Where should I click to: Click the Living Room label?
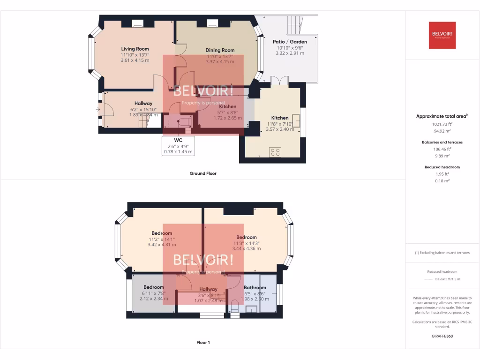coord(135,49)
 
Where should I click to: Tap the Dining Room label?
coord(220,50)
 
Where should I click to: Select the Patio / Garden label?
coord(290,42)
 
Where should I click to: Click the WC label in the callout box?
coord(178,140)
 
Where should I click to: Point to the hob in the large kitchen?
coord(275,151)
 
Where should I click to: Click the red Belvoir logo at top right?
coord(442,35)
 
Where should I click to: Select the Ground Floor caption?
coord(203,173)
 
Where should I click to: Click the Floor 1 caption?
coord(203,343)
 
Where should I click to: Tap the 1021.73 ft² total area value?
coord(441,124)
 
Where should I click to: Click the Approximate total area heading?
coord(441,116)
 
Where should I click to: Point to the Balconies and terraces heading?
coord(441,142)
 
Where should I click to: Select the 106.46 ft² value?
coord(441,149)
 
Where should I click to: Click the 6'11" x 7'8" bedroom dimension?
coord(153,293)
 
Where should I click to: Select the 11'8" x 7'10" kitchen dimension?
coord(280,124)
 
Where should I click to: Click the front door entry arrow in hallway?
coord(98,110)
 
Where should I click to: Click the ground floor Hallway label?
coord(143,104)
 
